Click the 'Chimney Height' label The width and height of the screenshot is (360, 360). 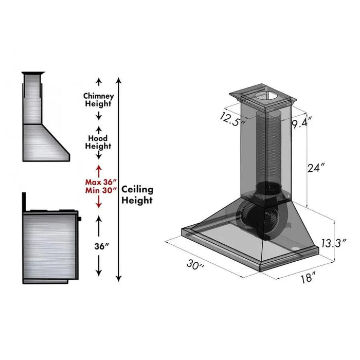tap(98, 100)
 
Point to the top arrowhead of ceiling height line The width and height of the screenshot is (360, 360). tap(119, 80)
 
